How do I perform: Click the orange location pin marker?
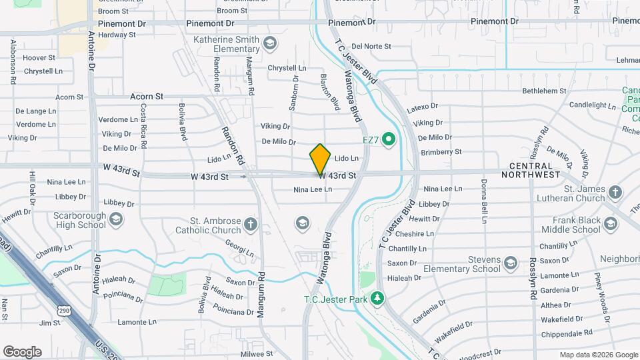[x=320, y=159]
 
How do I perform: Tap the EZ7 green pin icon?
[x=389, y=140]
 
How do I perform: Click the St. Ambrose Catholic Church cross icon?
[x=250, y=224]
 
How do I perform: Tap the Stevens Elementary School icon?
[x=511, y=262]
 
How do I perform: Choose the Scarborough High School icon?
[x=116, y=219]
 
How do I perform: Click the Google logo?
[x=22, y=352]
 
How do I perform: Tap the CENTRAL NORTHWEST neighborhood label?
[x=535, y=170]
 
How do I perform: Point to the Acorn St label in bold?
[x=147, y=97]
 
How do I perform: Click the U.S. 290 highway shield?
[x=64, y=310]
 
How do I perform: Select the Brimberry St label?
[x=441, y=152]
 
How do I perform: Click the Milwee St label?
[x=257, y=353]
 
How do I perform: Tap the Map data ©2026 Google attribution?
[x=598, y=355]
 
